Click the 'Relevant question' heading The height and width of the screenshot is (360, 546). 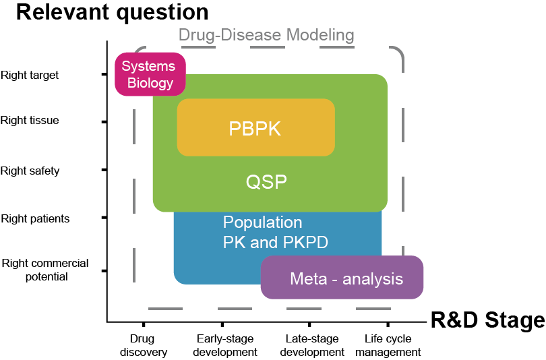tap(112, 12)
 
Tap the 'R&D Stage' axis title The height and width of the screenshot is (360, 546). tap(487, 320)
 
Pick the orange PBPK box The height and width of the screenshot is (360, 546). tap(255, 127)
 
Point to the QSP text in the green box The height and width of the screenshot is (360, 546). tap(266, 182)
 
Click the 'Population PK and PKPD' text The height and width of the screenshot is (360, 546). tap(275, 233)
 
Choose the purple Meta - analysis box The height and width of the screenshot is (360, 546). tap(342, 278)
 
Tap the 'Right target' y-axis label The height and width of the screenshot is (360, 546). tap(30, 75)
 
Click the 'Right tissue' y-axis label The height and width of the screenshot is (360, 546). tap(30, 121)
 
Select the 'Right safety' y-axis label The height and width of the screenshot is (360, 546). tap(30, 171)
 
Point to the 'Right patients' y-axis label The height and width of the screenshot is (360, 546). tap(35, 219)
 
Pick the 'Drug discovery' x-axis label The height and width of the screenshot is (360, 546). tap(144, 345)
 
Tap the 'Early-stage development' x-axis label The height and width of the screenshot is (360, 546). tap(226, 345)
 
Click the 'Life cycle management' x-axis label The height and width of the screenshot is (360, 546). tap(388, 345)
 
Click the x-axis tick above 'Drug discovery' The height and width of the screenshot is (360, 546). tap(144, 325)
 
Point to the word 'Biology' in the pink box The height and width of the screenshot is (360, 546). tap(150, 84)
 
